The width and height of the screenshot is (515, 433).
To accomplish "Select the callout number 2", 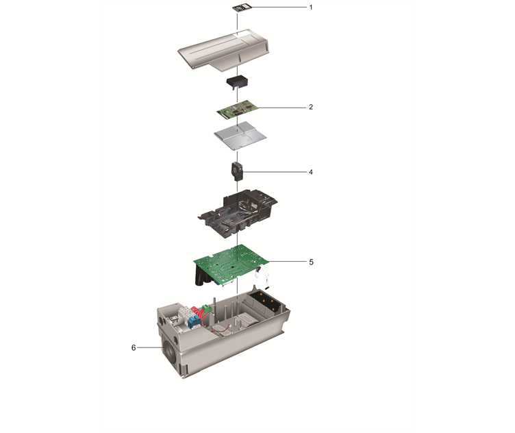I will (310, 108).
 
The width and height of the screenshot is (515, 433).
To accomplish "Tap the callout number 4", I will (310, 172).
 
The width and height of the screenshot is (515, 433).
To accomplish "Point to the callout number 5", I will (310, 262).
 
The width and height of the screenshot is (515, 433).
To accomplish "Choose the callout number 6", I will (134, 348).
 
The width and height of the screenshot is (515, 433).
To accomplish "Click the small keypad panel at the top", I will (238, 8).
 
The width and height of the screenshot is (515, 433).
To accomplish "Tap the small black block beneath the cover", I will (237, 83).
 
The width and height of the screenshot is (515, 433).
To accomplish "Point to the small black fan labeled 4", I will (237, 169).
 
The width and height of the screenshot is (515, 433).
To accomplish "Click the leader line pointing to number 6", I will (149, 348).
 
